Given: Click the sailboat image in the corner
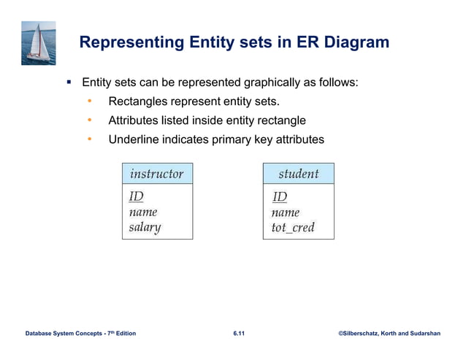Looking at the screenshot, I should click(x=39, y=42).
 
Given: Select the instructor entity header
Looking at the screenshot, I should click(x=156, y=174).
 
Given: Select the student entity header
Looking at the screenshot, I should click(x=298, y=174).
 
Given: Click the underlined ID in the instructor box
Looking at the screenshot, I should click(x=137, y=196).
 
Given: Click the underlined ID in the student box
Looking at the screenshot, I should click(x=280, y=196).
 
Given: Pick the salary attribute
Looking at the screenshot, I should click(x=145, y=227).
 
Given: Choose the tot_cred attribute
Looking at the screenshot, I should click(x=293, y=227).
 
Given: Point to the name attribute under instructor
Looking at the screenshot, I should click(x=143, y=212).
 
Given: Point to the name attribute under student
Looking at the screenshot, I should click(x=286, y=212).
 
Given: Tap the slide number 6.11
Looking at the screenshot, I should click(x=239, y=334).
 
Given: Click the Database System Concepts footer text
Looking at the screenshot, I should click(x=80, y=334).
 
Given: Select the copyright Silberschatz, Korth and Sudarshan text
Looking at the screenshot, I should click(x=389, y=334).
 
